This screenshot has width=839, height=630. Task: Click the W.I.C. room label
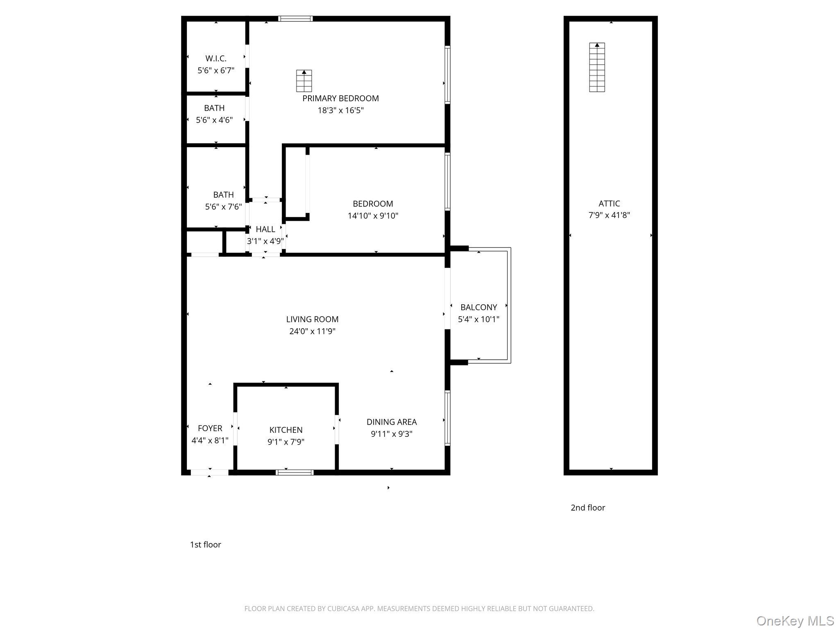(x=216, y=58)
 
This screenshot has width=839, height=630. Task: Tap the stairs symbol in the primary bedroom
(x=304, y=81)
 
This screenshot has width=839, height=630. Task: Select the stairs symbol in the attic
(x=597, y=67)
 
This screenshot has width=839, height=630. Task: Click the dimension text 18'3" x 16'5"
(x=340, y=110)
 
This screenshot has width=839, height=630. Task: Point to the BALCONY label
(x=478, y=307)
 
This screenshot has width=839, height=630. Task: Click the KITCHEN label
(x=286, y=430)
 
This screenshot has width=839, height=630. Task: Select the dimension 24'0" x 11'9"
(x=312, y=331)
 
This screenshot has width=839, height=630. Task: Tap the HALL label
(x=265, y=229)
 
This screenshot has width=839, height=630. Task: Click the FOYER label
(x=210, y=428)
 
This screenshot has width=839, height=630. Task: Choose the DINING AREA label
(x=392, y=422)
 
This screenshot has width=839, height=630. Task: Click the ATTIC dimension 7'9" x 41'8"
(x=609, y=215)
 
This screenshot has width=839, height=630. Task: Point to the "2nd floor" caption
(x=588, y=508)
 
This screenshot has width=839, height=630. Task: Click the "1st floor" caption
(x=205, y=545)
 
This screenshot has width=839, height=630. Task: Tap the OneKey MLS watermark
(x=795, y=621)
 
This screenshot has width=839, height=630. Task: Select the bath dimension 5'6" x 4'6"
(x=214, y=120)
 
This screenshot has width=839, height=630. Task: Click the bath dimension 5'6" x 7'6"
(x=223, y=207)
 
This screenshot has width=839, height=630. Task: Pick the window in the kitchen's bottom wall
(x=295, y=472)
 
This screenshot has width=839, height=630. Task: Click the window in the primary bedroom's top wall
(x=295, y=18)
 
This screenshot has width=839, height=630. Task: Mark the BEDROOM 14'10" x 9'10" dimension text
(x=373, y=216)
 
